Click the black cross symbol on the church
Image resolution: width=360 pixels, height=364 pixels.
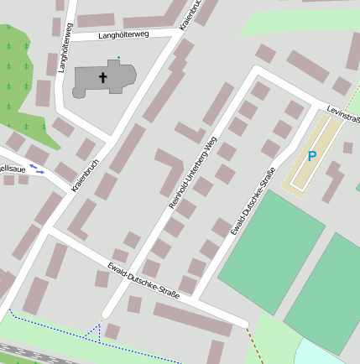[x=104, y=77]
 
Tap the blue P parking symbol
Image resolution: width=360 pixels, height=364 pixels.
[x=312, y=156]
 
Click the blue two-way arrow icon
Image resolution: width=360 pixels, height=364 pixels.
[x=37, y=169]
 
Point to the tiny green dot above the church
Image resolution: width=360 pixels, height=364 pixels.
[x=118, y=58]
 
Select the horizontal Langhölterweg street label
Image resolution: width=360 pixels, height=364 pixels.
[x=123, y=35]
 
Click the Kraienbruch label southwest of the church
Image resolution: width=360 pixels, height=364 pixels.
[x=86, y=177]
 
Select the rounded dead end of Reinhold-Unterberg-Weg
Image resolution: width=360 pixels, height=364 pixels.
[x=107, y=314]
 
